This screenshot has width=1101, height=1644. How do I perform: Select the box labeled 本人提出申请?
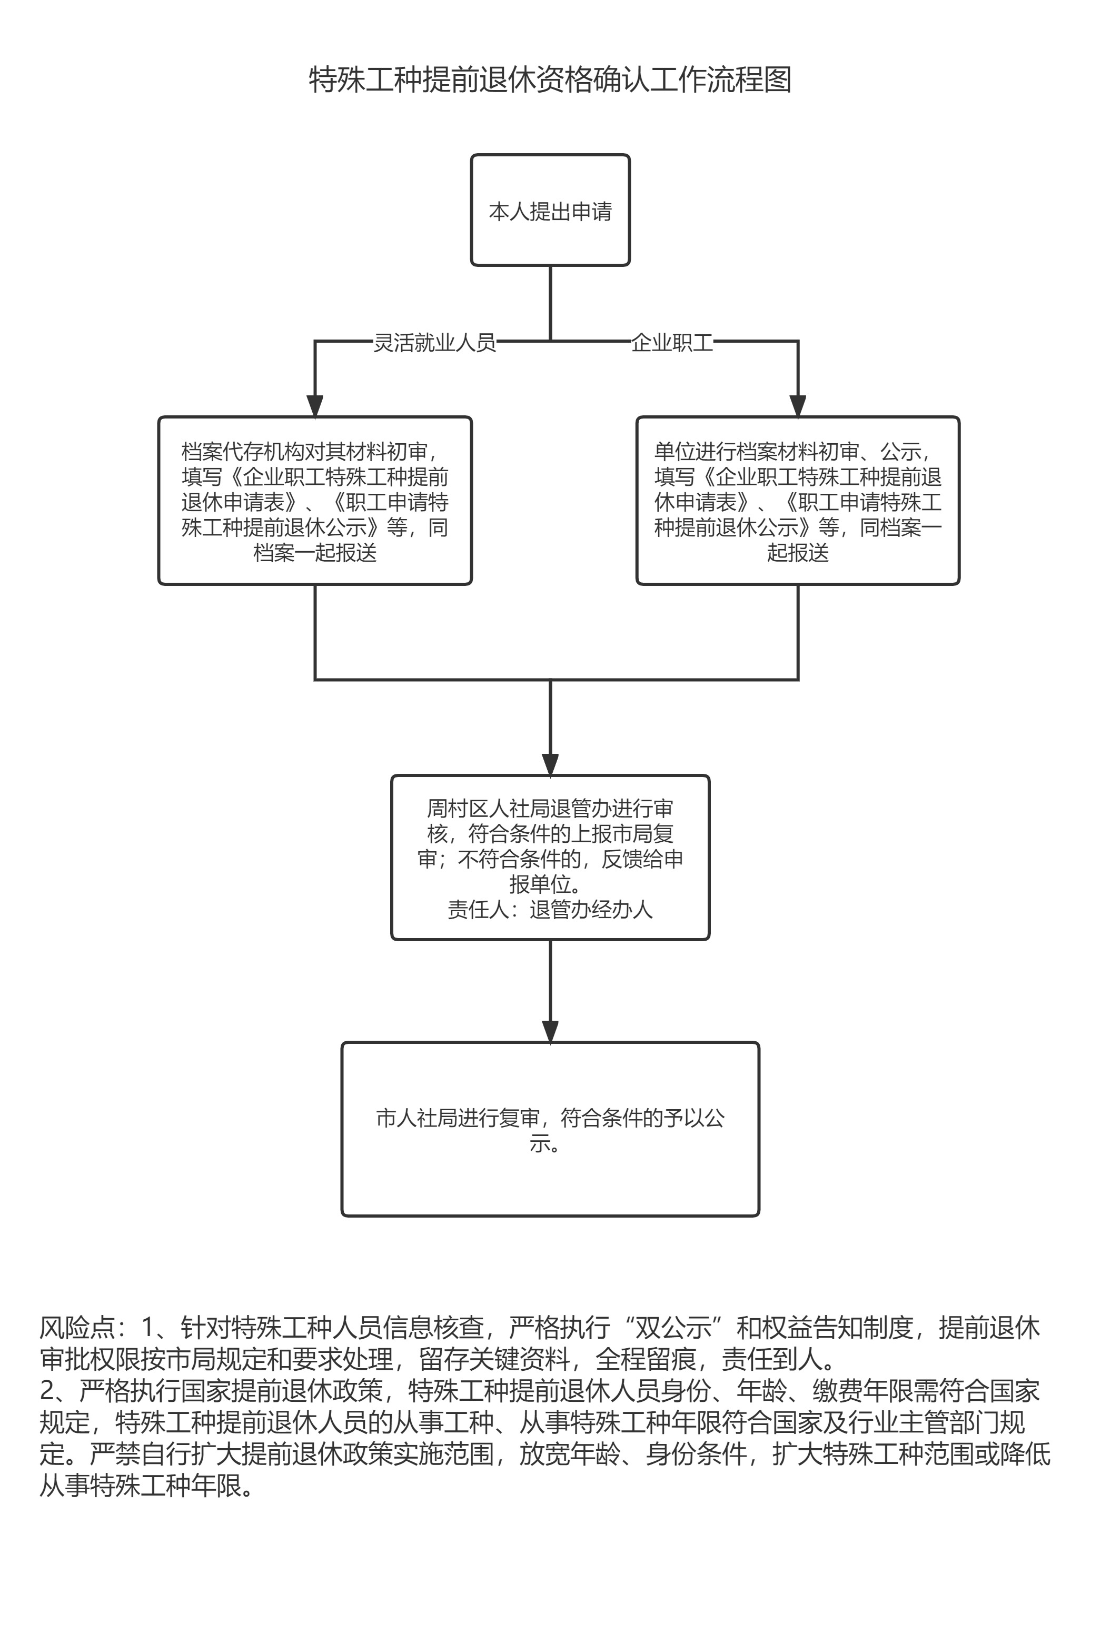(x=550, y=211)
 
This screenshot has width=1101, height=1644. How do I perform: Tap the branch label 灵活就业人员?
(x=434, y=343)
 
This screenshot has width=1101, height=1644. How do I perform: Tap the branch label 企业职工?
(x=672, y=343)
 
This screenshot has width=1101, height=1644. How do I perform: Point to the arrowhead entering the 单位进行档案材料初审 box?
(x=798, y=407)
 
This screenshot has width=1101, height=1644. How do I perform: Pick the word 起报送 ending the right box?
(x=798, y=553)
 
